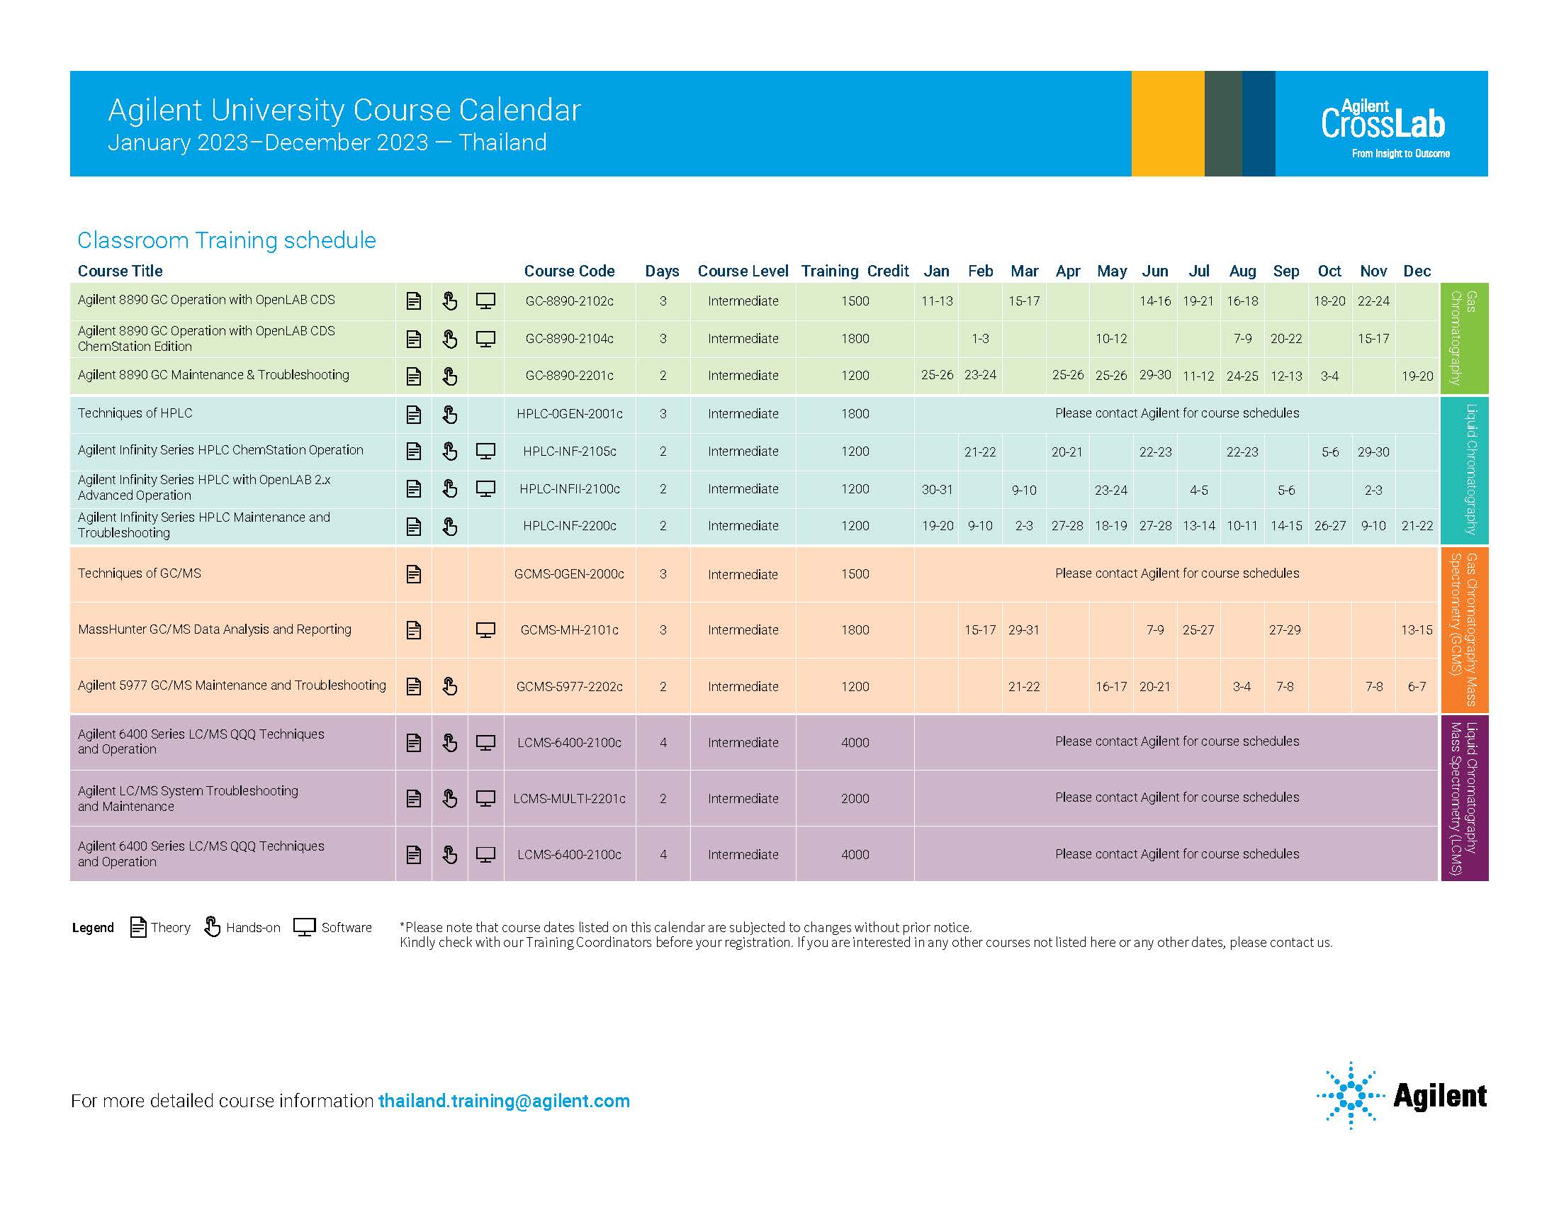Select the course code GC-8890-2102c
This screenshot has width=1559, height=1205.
click(569, 301)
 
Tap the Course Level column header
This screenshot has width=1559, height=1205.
click(743, 271)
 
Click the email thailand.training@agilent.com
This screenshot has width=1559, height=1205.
click(504, 1101)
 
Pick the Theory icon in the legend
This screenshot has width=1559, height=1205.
click(137, 926)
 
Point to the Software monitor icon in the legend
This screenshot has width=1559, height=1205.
click(304, 926)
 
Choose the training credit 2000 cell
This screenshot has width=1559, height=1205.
click(855, 799)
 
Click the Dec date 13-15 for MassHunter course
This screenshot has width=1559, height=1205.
click(1417, 630)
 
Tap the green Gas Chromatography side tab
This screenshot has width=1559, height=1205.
click(1463, 337)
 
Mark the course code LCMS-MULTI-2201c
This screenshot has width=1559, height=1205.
click(569, 799)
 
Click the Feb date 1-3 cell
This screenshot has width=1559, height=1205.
click(980, 339)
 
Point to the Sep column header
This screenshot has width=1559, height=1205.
click(1285, 271)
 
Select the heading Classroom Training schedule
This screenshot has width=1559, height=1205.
click(226, 240)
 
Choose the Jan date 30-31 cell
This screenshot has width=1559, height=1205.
click(937, 490)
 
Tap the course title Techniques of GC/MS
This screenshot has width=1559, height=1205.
click(139, 573)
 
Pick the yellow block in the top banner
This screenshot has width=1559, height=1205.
click(1167, 123)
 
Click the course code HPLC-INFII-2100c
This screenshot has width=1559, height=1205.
click(569, 489)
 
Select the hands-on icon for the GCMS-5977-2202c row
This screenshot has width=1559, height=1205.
click(449, 686)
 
